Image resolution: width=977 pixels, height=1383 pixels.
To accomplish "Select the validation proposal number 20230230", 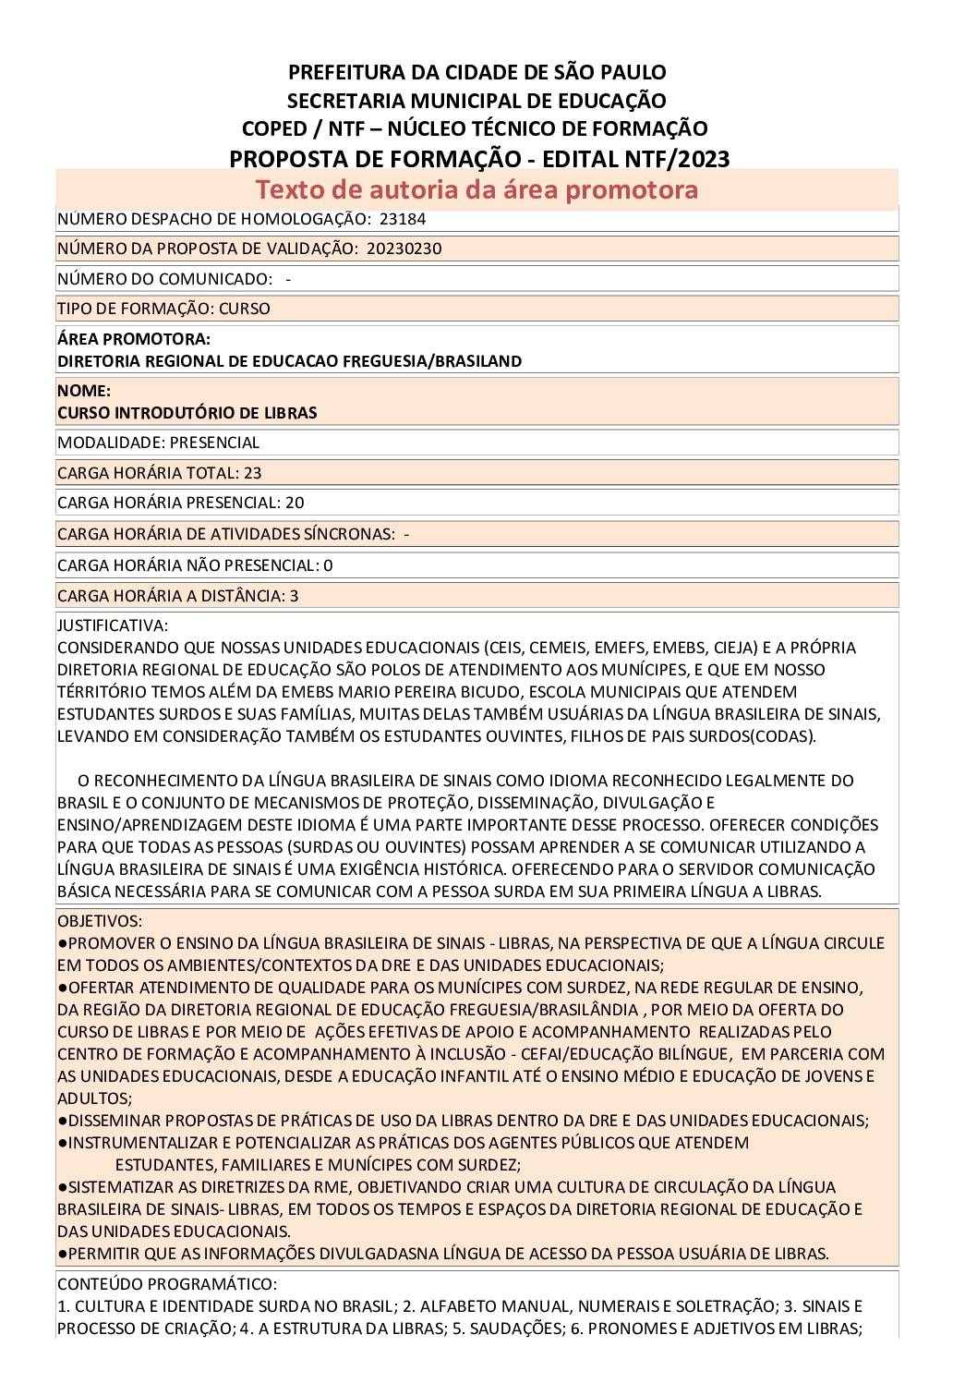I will [x=410, y=249].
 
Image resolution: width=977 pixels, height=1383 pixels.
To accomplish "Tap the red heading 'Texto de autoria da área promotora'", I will [x=476, y=189].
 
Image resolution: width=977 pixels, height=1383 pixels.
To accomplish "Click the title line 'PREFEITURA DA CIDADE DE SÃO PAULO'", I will [x=477, y=71].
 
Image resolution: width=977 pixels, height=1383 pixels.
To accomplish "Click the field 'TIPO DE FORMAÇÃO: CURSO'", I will [x=163, y=309].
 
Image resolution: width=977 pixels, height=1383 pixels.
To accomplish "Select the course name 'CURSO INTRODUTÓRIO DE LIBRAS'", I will [x=187, y=413].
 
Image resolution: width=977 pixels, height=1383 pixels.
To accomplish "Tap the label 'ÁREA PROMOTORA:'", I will [x=134, y=339].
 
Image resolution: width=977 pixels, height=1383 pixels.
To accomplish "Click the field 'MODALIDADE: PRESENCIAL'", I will [x=158, y=443].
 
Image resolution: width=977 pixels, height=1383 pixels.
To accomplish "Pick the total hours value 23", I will [x=252, y=473].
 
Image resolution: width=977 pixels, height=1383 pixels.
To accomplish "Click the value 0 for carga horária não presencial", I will [x=328, y=565].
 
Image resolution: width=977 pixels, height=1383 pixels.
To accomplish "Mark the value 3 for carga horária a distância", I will [x=294, y=596].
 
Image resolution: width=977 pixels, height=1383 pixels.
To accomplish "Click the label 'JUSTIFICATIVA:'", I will [x=113, y=625].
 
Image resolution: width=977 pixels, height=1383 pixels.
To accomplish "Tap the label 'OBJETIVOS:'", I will [x=100, y=921].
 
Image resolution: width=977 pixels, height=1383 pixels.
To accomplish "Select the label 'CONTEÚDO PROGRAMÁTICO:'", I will [x=166, y=1284].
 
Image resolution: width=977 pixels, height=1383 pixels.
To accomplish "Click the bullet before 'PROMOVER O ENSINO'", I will [x=62, y=943].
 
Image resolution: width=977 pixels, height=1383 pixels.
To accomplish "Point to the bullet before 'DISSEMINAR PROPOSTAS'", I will [x=62, y=1121].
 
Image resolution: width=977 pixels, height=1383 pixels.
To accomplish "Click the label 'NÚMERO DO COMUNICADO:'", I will [x=164, y=279].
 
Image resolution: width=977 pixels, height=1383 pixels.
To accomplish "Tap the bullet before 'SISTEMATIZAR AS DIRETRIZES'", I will [x=62, y=1187].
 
